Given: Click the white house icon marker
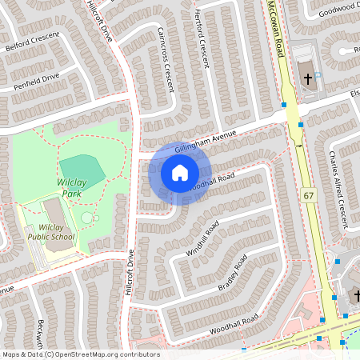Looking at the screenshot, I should [179, 173].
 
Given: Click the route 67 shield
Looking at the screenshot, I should [309, 195].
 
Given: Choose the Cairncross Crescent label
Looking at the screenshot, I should [166, 58].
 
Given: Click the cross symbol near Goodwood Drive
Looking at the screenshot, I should [308, 78].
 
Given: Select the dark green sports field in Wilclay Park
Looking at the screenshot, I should [82, 170].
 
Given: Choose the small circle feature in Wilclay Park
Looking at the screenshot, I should [86, 218].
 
